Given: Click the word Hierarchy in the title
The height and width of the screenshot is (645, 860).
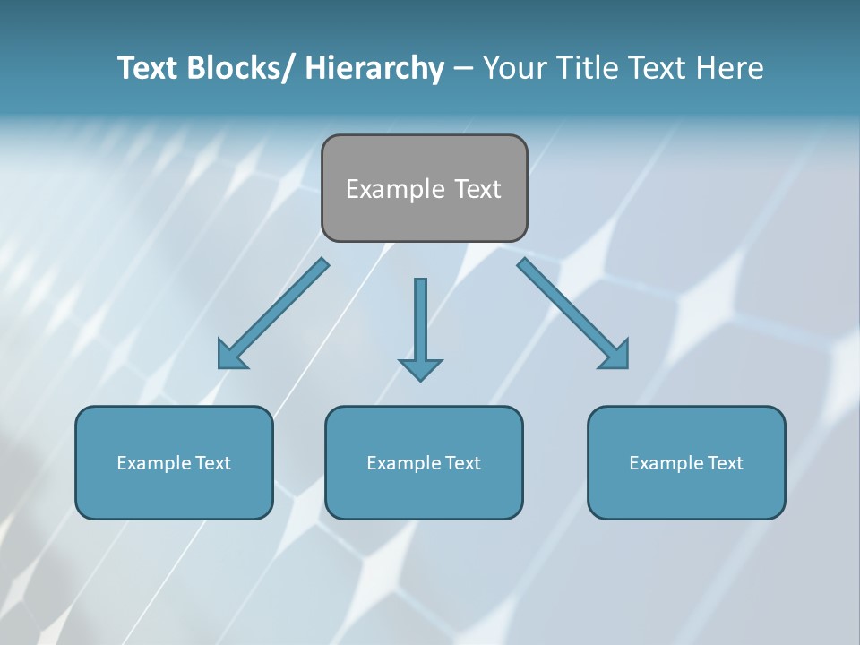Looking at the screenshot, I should tap(374, 68).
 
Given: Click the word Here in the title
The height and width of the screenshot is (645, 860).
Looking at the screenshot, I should tap(729, 68).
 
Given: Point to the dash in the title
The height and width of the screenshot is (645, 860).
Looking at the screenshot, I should tap(463, 69).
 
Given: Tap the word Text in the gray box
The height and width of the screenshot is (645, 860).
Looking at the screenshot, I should tap(477, 189).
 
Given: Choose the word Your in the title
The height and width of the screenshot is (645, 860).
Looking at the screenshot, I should tap(515, 68).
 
